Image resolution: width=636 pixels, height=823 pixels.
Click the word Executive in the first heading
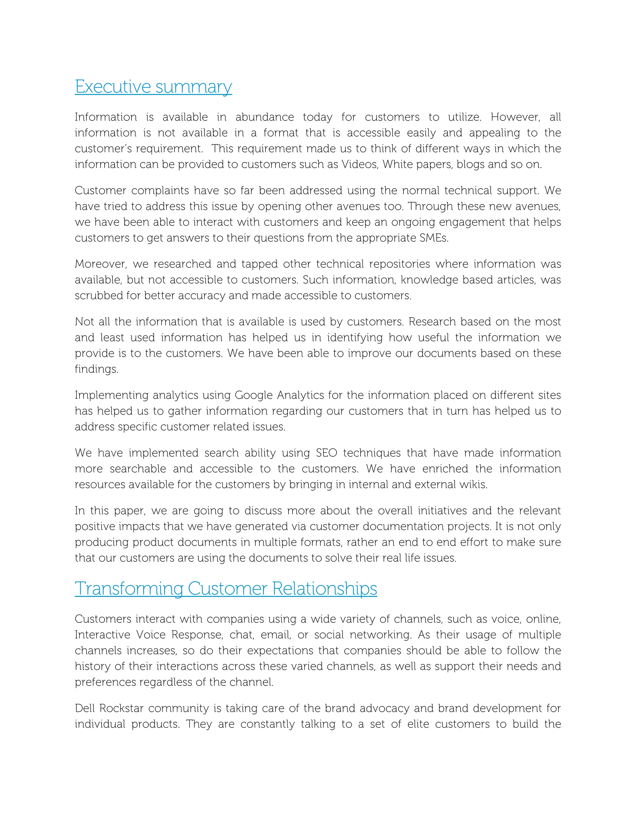[113, 87]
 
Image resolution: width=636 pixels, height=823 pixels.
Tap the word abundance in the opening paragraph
[265, 117]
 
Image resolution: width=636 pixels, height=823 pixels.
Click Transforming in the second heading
[129, 589]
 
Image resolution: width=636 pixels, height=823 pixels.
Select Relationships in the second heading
[325, 589]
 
